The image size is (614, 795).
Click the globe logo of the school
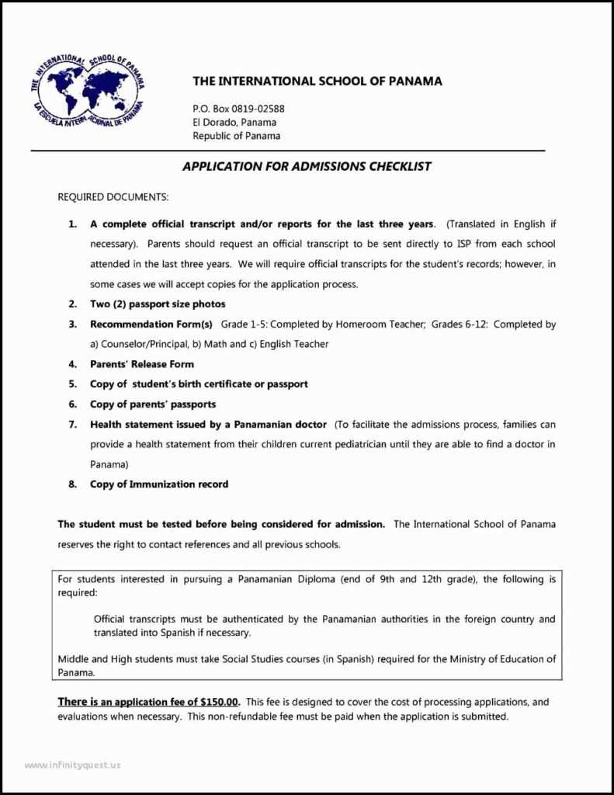[x=87, y=92]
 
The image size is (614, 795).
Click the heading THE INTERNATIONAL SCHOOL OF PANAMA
[x=317, y=82]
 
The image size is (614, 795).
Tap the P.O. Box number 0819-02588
[x=258, y=109]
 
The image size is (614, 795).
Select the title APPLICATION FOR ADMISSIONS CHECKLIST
[x=307, y=166]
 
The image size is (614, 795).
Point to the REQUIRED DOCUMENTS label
[x=113, y=197]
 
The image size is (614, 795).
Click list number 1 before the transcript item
[x=72, y=224]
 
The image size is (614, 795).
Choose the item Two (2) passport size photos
[x=158, y=304]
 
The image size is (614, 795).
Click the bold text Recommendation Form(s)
[x=151, y=324]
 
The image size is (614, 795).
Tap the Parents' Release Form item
[x=142, y=364]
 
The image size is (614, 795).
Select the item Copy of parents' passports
[x=153, y=404]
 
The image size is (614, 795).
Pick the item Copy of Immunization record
[x=159, y=484]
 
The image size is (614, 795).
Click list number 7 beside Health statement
[x=72, y=425]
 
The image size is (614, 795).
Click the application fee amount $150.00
[x=219, y=702]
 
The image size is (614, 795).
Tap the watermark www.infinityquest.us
[x=72, y=765]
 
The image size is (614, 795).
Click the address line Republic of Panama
[x=236, y=136]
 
